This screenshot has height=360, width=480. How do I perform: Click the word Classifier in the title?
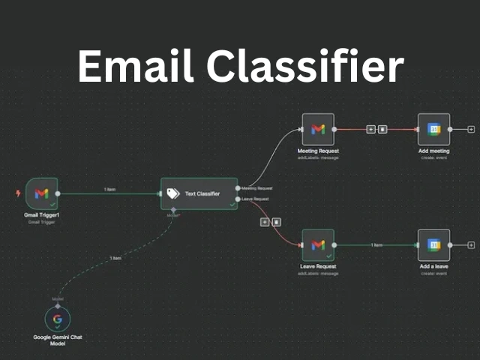tap(304, 67)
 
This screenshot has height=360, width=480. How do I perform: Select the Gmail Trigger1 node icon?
tap(40, 193)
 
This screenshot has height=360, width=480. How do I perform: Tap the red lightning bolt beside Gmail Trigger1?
tap(18, 193)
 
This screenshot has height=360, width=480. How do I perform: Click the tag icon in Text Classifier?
tap(174, 193)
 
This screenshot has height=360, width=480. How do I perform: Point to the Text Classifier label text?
tap(202, 193)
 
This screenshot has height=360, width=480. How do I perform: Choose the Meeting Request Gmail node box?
tap(317, 129)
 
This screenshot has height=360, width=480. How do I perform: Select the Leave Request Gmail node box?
tap(317, 244)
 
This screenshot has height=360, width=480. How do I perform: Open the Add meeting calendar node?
tap(433, 129)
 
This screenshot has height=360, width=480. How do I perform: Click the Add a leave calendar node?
tap(433, 244)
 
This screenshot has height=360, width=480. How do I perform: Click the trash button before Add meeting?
tap(382, 129)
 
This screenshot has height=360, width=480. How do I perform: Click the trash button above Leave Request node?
tap(276, 222)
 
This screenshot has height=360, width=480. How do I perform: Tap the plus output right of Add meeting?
tap(470, 129)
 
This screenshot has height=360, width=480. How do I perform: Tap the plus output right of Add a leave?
tap(470, 244)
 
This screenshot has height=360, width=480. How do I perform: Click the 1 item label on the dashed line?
tap(115, 258)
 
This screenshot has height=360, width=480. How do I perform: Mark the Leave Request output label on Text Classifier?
tap(256, 198)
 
